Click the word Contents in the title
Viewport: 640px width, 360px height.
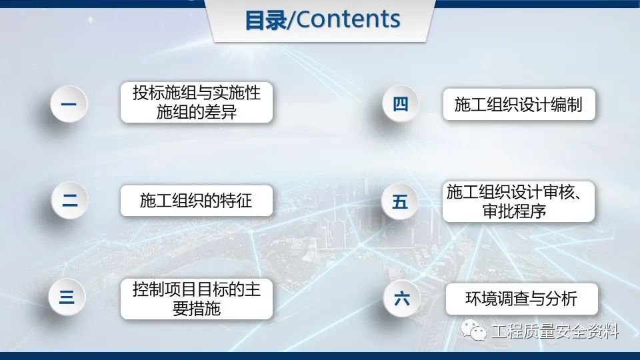coord(348,19)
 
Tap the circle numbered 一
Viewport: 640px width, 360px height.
coord(69,104)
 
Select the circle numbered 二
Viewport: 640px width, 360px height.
coord(70,201)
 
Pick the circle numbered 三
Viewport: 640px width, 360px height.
coord(67,297)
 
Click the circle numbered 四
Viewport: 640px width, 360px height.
coord(401,104)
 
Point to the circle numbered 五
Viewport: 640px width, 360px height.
coord(399,201)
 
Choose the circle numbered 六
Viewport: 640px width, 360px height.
coord(401,299)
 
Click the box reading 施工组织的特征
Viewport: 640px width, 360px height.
coord(196,201)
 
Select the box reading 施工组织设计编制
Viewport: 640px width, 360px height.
coord(519,105)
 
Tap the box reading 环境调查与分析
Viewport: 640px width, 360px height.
coord(521,299)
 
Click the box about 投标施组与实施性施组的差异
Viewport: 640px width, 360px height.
coord(196,103)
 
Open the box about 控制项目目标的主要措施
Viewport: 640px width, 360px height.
coord(196,299)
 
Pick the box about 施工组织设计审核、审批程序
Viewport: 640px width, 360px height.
coord(519,201)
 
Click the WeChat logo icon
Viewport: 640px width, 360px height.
coord(473,330)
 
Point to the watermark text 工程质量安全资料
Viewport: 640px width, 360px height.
coord(555,331)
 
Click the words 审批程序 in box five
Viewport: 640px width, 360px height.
coord(514,211)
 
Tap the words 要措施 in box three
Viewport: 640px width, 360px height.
coord(196,309)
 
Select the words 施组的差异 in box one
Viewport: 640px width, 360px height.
coord(196,112)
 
